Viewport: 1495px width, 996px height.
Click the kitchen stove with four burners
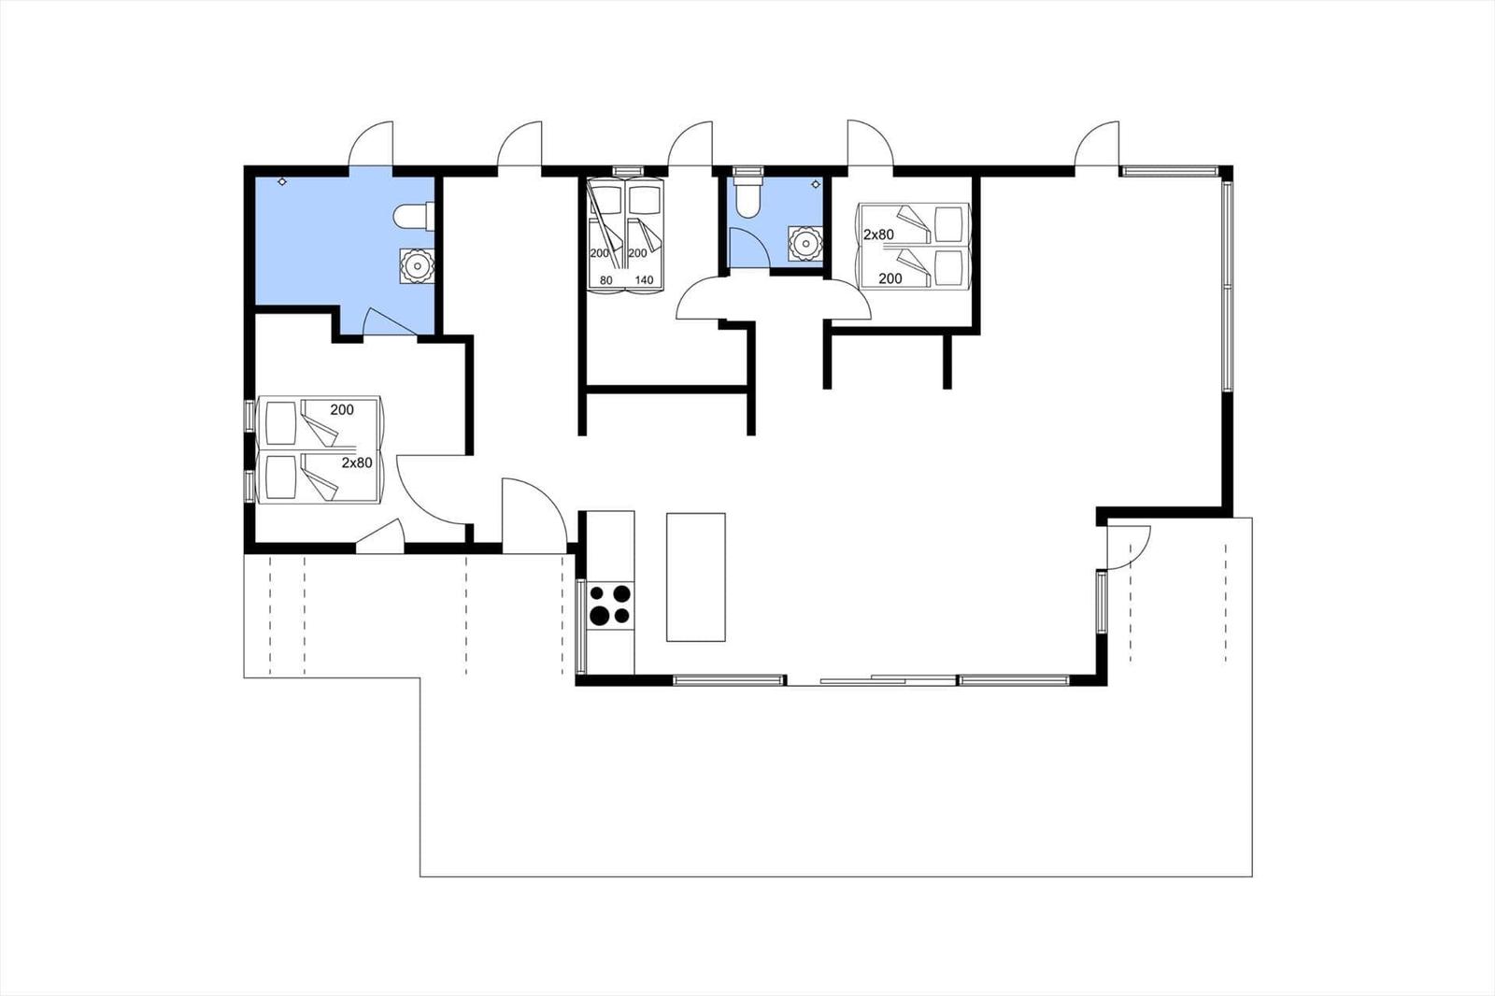[x=610, y=605]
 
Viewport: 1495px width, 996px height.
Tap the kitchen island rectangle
[x=695, y=576]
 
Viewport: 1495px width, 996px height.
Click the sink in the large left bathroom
[x=417, y=266]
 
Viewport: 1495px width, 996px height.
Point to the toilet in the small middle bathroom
[x=747, y=196]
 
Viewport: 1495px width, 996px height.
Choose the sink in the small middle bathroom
[x=805, y=243]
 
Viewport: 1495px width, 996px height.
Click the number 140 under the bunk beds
[x=644, y=280]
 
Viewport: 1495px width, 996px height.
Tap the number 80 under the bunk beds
[x=606, y=280]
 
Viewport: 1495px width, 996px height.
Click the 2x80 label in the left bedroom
[x=357, y=462]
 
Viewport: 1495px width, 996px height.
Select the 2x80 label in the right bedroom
[x=878, y=235]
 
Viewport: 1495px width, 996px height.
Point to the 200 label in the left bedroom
[x=342, y=410]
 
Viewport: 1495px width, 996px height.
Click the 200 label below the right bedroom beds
[x=890, y=278]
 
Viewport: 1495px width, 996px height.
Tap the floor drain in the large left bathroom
[x=282, y=181]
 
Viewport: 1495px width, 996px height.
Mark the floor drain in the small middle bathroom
[x=815, y=183]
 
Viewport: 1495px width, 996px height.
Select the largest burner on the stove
[x=599, y=616]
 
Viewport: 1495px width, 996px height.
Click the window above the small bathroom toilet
[x=747, y=171]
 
